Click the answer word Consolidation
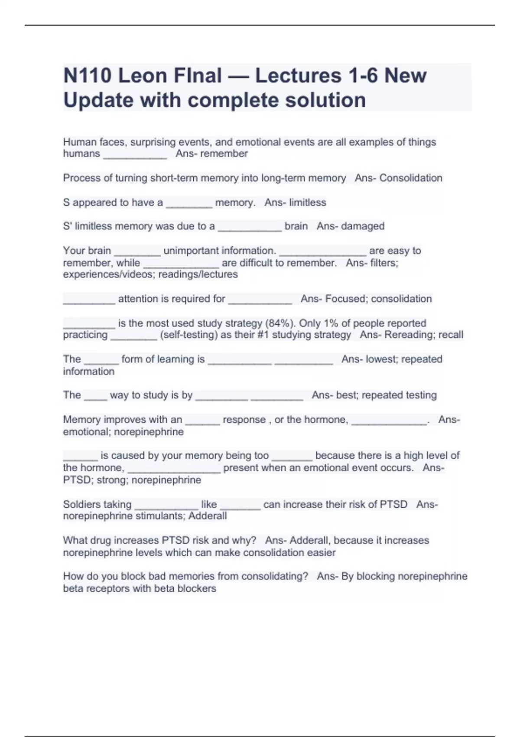[411, 178]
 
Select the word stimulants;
[160, 516]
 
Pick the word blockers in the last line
[197, 588]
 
